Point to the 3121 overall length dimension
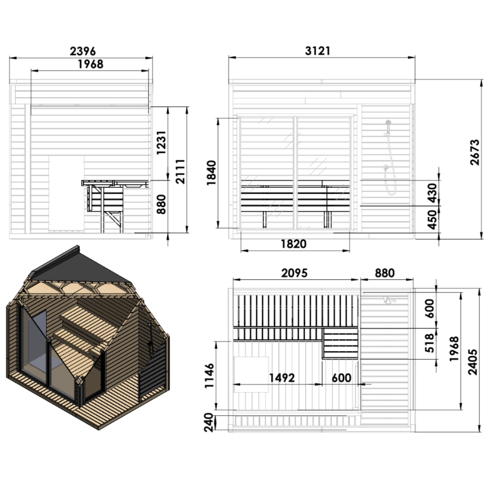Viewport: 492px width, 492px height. pyautogui.click(x=317, y=51)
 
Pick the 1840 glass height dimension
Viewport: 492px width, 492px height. pyautogui.click(x=211, y=173)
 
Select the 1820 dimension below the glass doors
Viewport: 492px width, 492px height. pyautogui.click(x=294, y=244)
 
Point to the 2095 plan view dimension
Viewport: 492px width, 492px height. pyautogui.click(x=294, y=273)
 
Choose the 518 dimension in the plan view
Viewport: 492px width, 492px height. pyautogui.click(x=430, y=344)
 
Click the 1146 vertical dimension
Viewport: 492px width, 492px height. pyautogui.click(x=209, y=376)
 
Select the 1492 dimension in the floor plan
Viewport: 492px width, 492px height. pyautogui.click(x=282, y=378)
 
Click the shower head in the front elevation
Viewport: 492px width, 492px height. pyautogui.click(x=388, y=123)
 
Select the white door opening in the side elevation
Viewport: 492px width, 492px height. pyautogui.click(x=66, y=194)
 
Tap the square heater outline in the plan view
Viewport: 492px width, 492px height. pyautogui.click(x=251, y=374)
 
